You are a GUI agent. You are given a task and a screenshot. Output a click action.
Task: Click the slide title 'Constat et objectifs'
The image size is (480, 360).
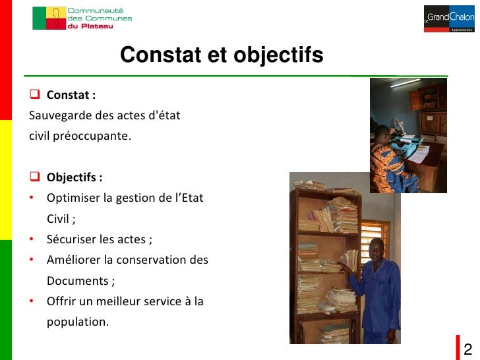pos(222,55)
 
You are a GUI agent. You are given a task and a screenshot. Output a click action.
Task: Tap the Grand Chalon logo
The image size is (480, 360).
pos(450,18)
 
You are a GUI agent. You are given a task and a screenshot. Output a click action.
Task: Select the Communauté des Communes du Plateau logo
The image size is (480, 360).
pos(82,18)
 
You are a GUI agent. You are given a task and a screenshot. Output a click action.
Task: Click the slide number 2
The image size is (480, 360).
pos(468,349)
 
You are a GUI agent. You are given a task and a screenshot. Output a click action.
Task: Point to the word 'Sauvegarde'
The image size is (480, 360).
pos(56,116)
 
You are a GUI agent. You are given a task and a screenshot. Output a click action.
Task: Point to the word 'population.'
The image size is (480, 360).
pos(77,322)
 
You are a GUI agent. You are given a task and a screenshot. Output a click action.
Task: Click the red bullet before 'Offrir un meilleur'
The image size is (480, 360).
pos(32,302)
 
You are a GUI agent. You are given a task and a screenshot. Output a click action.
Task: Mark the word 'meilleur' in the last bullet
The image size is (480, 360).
pos(133,302)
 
